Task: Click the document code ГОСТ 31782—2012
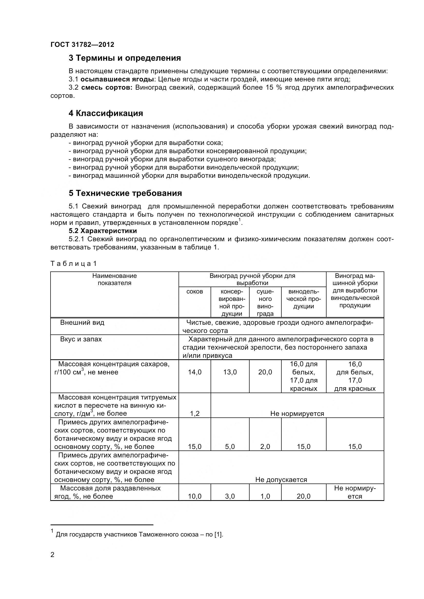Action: pos(82,45)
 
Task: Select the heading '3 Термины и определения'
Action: pos(125,58)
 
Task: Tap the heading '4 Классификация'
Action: pos(106,113)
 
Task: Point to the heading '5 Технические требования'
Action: pos(125,193)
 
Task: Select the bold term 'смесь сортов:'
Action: pos(107,88)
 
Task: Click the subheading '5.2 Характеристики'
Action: pos(103,231)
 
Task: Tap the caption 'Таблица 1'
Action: pos(73,264)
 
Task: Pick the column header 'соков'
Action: pos(195,292)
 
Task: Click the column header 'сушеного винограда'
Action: pos(265,303)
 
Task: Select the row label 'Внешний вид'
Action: pos(82,323)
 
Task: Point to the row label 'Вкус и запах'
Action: pos(81,339)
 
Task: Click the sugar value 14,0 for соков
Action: pos(195,372)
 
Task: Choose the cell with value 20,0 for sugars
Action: pos(265,372)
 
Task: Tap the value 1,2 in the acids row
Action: pos(195,414)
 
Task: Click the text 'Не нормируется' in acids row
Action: pos(297,414)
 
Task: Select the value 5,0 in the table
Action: pos(230,447)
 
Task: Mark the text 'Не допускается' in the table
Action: pos(281,480)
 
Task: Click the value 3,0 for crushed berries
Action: pos(230,497)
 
